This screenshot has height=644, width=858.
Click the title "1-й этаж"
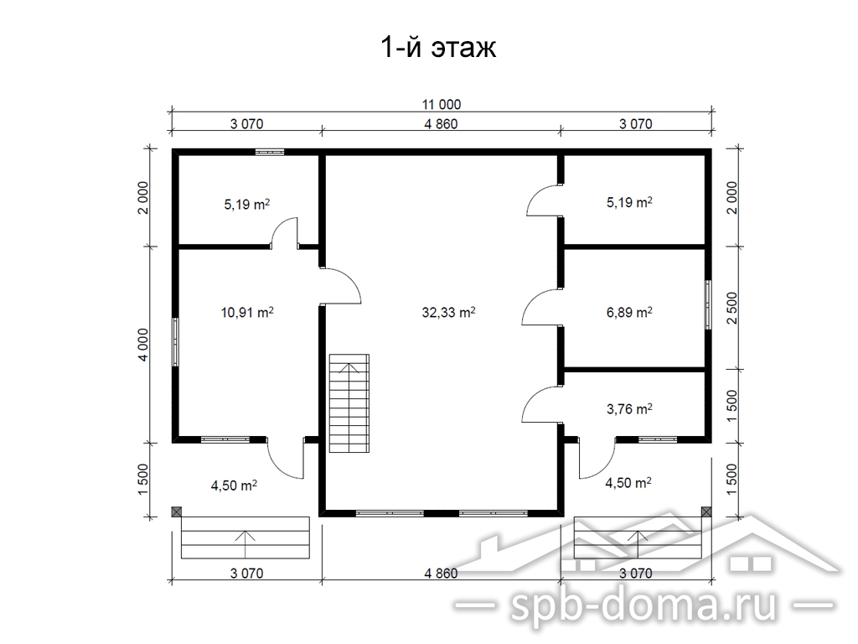(x=437, y=47)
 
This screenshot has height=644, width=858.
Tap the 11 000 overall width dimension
(x=441, y=104)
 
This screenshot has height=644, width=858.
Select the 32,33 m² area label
(x=448, y=312)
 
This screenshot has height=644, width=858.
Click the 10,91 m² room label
(x=247, y=312)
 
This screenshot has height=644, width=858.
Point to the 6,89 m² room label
(x=629, y=312)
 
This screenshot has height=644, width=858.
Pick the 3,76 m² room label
(x=629, y=408)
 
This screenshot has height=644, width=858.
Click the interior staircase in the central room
(x=349, y=403)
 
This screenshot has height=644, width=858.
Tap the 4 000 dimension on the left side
(x=142, y=345)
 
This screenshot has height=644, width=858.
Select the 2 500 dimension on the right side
(x=732, y=308)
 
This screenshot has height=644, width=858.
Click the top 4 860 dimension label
(x=441, y=124)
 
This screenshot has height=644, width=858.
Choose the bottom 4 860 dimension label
(x=441, y=574)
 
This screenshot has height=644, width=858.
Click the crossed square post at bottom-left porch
(x=176, y=512)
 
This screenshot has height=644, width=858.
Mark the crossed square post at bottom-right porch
(x=706, y=512)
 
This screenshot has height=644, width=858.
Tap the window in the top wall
(x=270, y=152)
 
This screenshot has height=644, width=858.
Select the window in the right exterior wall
(x=708, y=304)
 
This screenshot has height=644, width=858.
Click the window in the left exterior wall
(x=175, y=342)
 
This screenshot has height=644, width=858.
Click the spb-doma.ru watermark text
(x=643, y=605)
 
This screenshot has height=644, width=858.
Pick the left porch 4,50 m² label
(x=234, y=486)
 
